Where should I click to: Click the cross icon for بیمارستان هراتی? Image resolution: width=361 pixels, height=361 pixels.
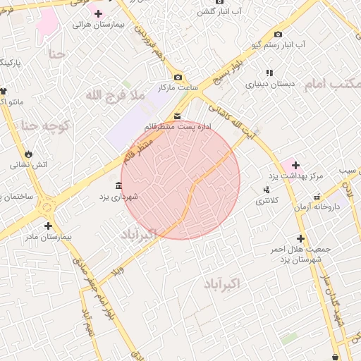pos(97,14)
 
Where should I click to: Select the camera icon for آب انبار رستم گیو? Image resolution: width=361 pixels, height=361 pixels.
pos(278,34)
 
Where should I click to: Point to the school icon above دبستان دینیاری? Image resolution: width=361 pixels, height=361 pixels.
pos(269,73)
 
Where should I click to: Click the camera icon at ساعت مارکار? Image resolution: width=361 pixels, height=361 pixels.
pos(178,77)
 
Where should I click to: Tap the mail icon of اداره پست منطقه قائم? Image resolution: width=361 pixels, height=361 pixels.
pos(176,115)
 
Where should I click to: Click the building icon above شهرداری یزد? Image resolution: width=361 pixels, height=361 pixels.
pos(117,185)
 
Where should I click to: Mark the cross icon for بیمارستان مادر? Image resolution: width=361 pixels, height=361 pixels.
pos(48,226)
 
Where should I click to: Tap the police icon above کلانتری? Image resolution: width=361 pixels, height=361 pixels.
pos(266,190)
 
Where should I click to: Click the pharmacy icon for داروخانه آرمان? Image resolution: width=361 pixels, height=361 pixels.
pos(317,197)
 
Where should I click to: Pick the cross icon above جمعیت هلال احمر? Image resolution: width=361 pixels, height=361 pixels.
pos(300,239)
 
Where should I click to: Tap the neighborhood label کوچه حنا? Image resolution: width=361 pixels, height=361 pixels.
pos(45,126)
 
